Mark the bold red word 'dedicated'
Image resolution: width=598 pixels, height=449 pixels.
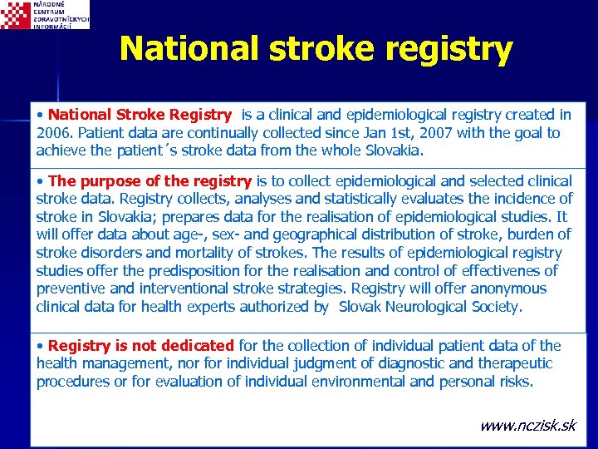[x=194, y=346]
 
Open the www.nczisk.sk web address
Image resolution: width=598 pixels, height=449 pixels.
[x=527, y=426]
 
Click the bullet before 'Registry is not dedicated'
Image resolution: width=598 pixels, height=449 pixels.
[x=41, y=346]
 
